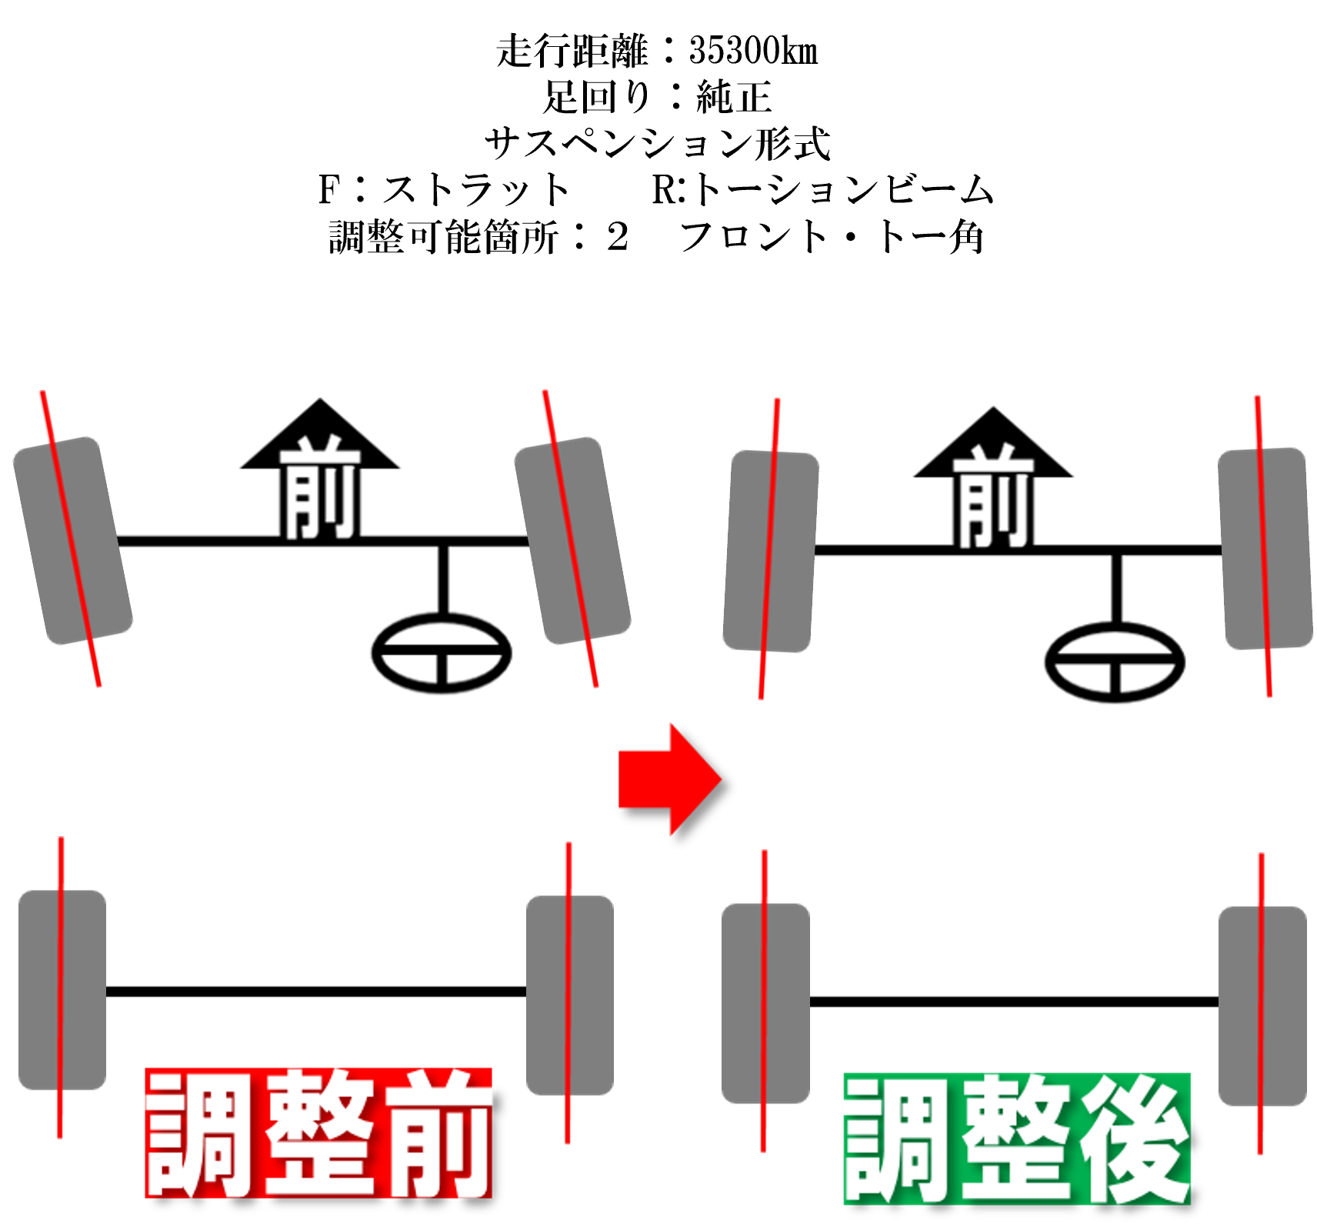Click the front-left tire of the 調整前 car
[73, 540]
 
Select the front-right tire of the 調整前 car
[572, 540]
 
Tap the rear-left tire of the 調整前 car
[62, 989]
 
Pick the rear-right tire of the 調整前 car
[570, 994]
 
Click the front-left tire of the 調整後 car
[770, 551]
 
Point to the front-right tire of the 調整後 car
[1265, 548]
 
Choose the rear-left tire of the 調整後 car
[765, 1002]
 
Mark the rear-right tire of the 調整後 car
[1262, 1005]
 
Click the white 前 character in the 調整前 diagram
[320, 488]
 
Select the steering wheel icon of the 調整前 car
[442, 653]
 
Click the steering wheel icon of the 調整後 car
[1115, 662]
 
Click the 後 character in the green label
[1132, 1138]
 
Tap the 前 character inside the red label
[437, 1132]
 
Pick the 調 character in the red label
[202, 1132]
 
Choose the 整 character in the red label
[319, 1132]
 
